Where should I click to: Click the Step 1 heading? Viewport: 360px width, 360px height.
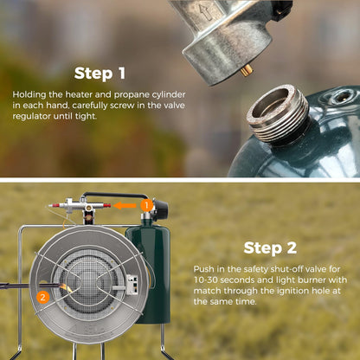coord(100,74)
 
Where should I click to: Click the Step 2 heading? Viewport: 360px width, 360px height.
coord(270,248)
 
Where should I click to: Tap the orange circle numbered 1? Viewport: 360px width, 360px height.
coord(146,206)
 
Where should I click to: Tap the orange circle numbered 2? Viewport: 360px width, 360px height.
coord(42,297)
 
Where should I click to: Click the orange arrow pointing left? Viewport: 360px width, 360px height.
coord(125,206)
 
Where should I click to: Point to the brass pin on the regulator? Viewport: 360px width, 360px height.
coord(247,70)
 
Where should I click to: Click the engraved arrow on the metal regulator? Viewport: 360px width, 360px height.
coord(206,12)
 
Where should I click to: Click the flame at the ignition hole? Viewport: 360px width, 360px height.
coord(65,287)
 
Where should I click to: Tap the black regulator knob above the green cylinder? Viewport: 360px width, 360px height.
coord(160,209)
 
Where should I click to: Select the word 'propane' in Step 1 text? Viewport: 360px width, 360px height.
coord(132,95)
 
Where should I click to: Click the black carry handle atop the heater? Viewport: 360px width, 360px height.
coord(115,195)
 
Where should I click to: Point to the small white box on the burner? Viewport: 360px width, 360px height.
coord(132,285)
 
